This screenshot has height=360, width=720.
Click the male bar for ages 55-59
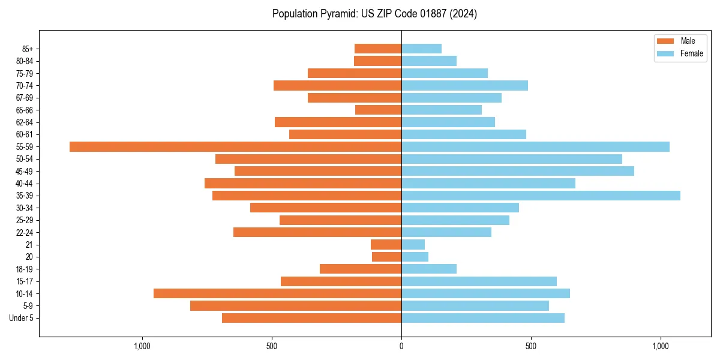pyautogui.click(x=235, y=146)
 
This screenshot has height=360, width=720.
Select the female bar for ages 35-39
pyautogui.click(x=541, y=196)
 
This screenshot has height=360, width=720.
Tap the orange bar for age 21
pyautogui.click(x=386, y=244)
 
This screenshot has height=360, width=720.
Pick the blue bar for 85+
pyautogui.click(x=421, y=49)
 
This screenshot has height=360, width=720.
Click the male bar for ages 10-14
pyautogui.click(x=277, y=293)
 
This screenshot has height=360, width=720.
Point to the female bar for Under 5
pyautogui.click(x=483, y=318)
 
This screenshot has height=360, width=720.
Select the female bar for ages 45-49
pyautogui.click(x=518, y=171)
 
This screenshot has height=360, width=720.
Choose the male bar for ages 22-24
pyautogui.click(x=317, y=232)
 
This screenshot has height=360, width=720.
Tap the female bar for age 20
pyautogui.click(x=415, y=257)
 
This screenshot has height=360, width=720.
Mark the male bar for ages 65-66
pyautogui.click(x=378, y=110)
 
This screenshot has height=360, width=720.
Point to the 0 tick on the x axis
pyautogui.click(x=401, y=346)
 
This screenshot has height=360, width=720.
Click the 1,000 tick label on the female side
pyautogui.click(x=660, y=346)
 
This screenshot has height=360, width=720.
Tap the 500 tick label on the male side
pyautogui.click(x=272, y=346)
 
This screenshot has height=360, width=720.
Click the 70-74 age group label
pyautogui.click(x=25, y=85)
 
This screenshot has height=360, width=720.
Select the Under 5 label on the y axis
pyautogui.click(x=22, y=318)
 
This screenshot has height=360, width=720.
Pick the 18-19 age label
pyautogui.click(x=25, y=269)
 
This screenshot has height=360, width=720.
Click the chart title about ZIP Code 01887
pyautogui.click(x=374, y=14)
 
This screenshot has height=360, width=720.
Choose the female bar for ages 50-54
pyautogui.click(x=512, y=159)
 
